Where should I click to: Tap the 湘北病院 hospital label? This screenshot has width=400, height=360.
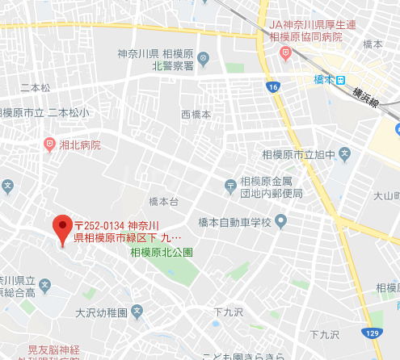point(79,146)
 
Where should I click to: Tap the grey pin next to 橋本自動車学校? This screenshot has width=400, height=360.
point(281,220)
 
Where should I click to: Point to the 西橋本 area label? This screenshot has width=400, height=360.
point(196,115)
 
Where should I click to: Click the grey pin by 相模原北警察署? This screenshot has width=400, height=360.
point(204,57)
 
